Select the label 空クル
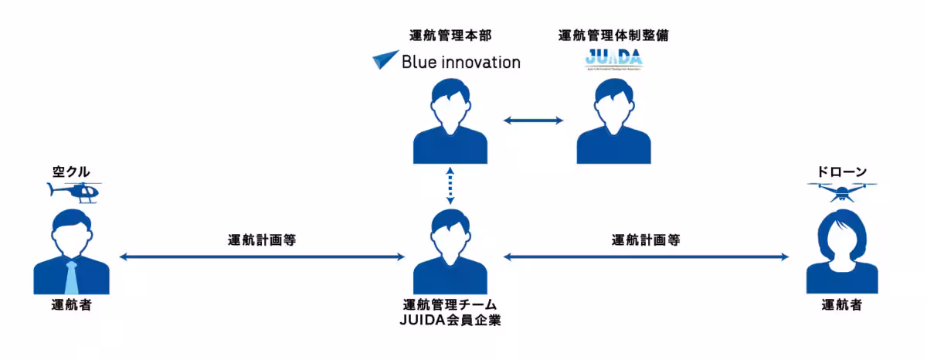73,172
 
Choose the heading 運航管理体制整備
613,36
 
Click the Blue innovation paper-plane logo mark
385,61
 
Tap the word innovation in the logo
479,62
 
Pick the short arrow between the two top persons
533,120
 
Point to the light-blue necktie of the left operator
72,277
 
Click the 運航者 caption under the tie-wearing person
72,305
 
